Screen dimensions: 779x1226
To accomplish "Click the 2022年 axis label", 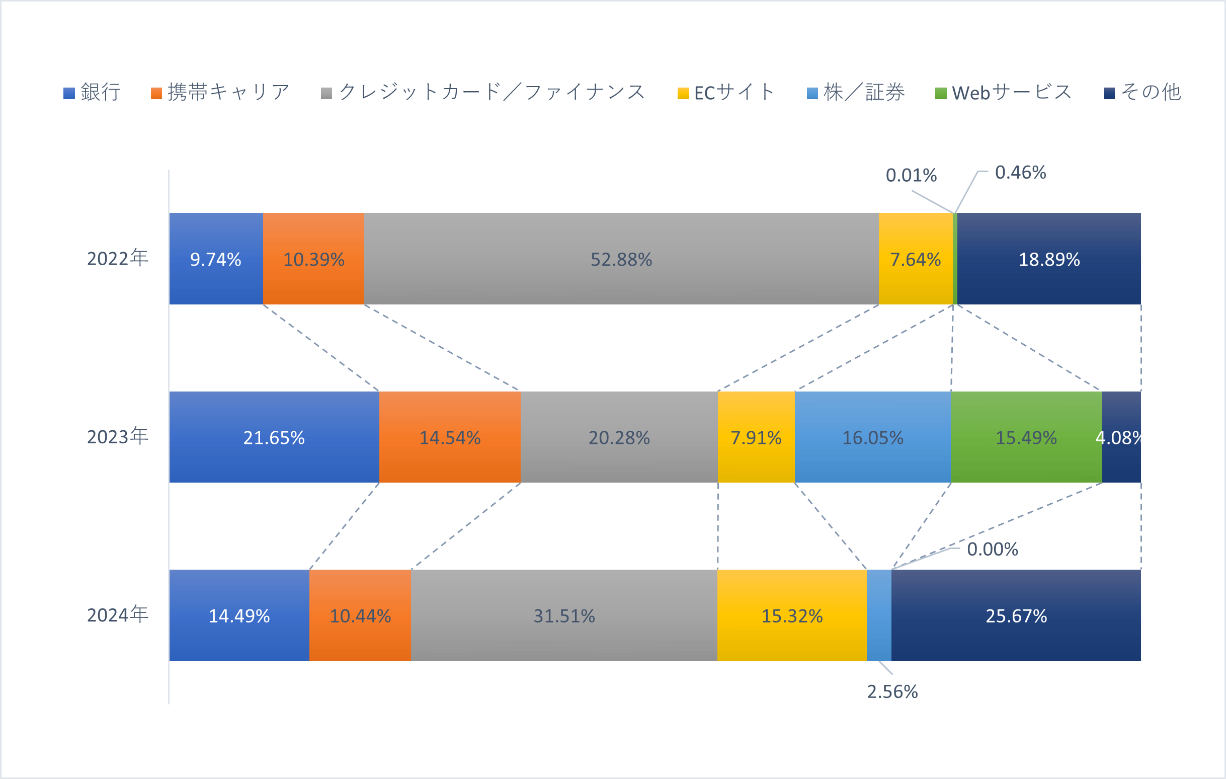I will tap(118, 259).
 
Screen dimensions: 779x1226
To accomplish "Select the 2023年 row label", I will tap(118, 437).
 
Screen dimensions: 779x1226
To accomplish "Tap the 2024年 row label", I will tap(118, 615).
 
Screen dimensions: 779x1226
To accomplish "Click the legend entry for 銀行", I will tap(92, 93).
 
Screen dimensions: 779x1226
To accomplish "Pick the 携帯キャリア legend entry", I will tap(220, 93).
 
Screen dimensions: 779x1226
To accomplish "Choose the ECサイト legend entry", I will tap(726, 93).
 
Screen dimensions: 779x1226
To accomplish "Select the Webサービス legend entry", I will tap(1004, 93).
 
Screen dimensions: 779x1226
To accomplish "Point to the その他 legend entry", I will tap(1142, 93).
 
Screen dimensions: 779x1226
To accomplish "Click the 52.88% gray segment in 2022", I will tap(621, 259).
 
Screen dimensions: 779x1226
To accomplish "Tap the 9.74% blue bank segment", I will tap(216, 259).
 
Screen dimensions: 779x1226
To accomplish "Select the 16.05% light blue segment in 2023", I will tap(873, 437).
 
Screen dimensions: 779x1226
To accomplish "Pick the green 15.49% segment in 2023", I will tap(1026, 437).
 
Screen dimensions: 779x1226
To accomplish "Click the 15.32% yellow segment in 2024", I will tap(792, 615).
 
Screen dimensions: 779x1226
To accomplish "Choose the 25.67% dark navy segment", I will tap(1016, 615).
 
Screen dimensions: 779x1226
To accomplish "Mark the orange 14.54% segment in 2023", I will tap(450, 437).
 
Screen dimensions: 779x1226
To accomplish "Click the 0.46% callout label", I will tap(1020, 173).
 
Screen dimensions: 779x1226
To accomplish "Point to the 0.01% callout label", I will tap(912, 176).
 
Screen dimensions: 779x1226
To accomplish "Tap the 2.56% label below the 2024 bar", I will tap(892, 692).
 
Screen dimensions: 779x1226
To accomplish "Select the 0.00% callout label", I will tap(992, 550).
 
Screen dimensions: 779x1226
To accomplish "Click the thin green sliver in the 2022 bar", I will tap(955, 259).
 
